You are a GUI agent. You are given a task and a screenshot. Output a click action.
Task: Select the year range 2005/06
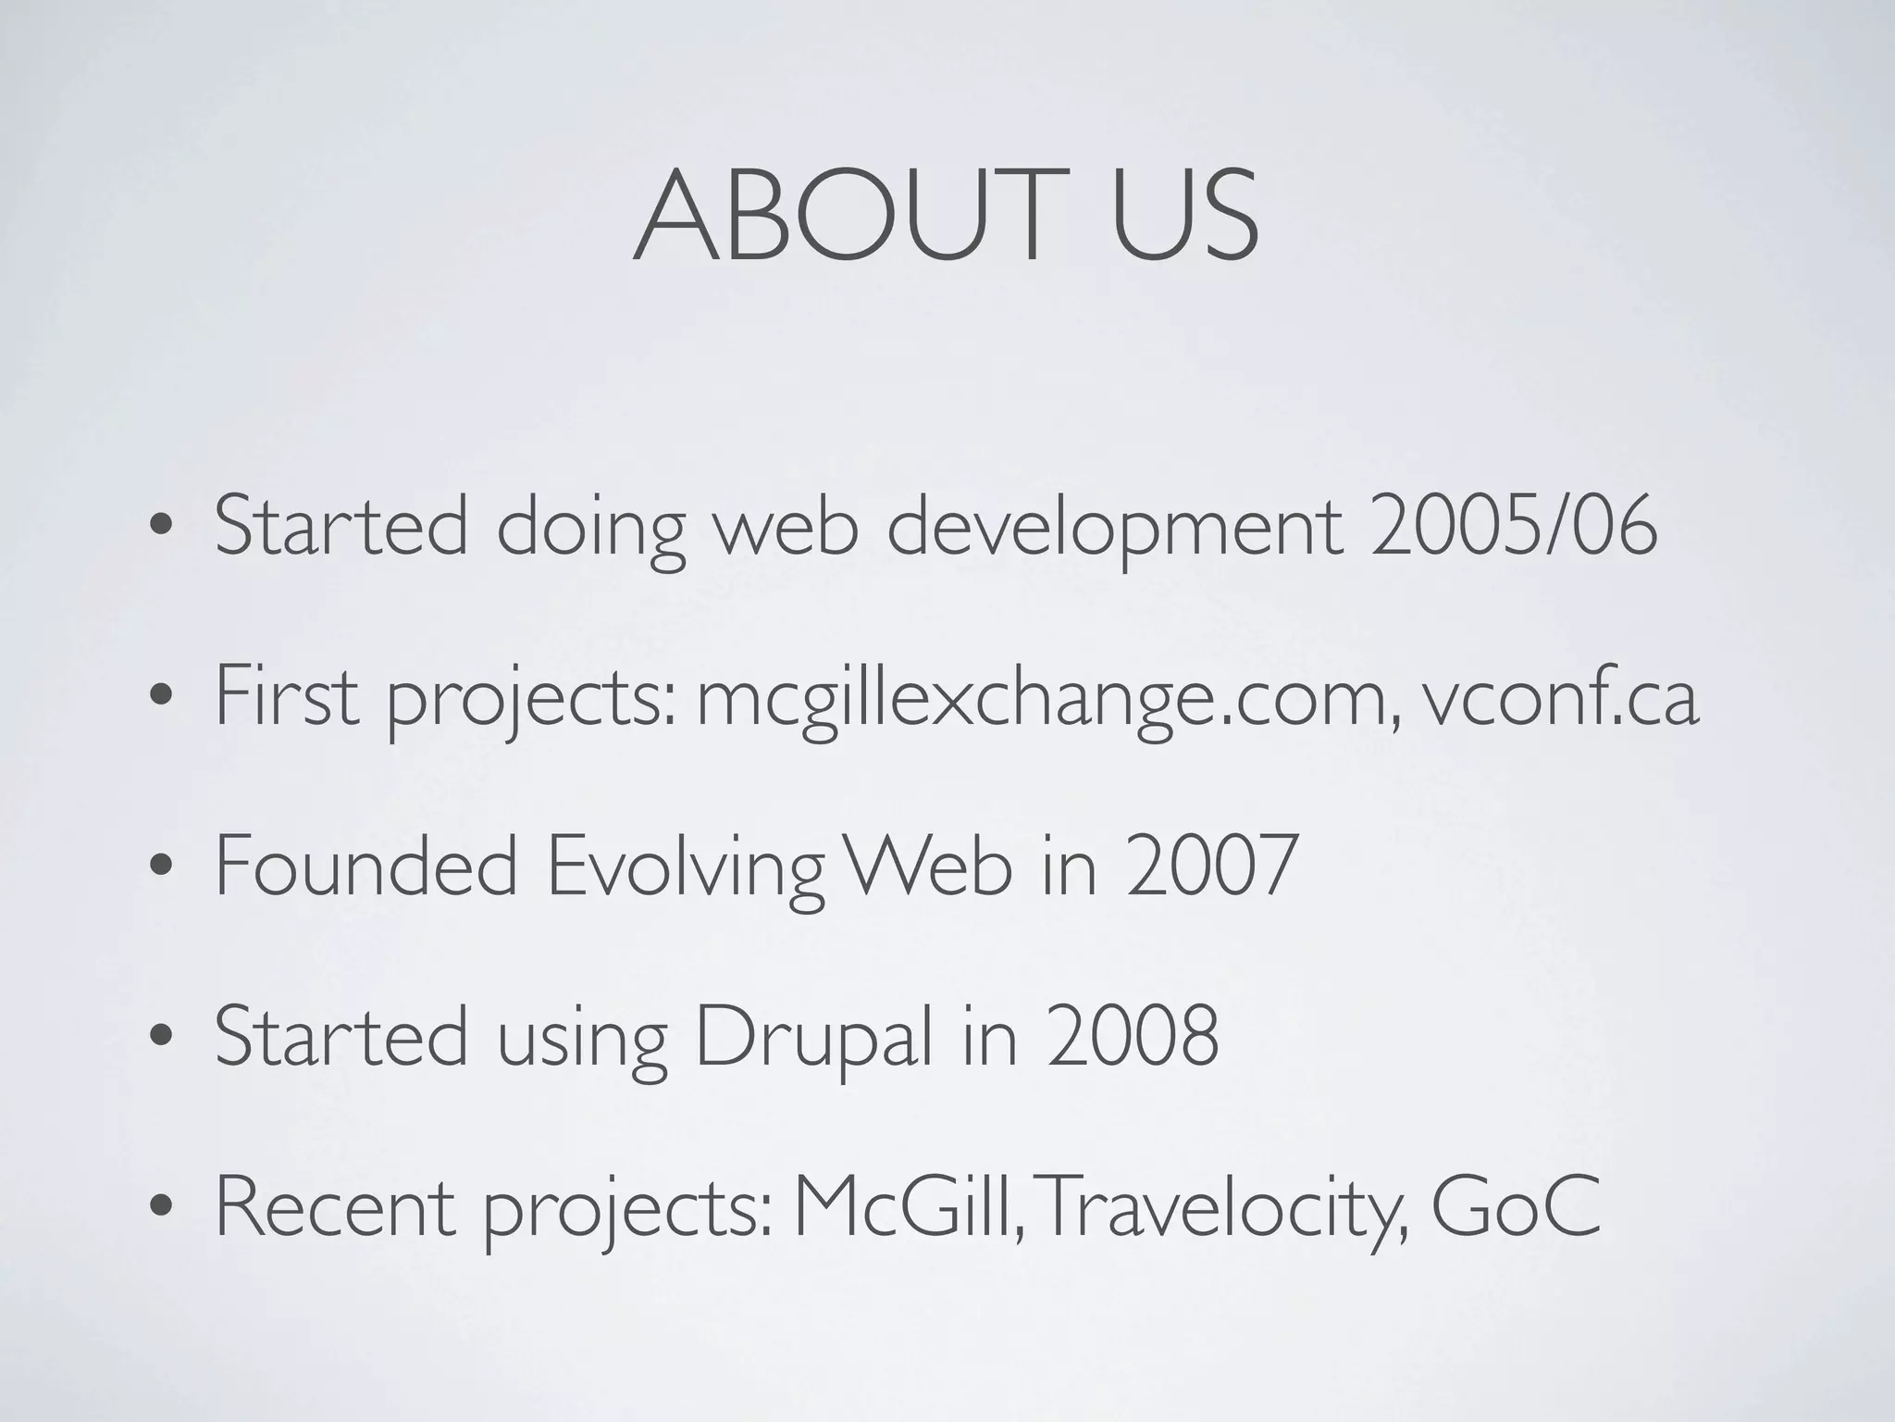point(1514,526)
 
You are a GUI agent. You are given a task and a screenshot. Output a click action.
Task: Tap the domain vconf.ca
point(1561,698)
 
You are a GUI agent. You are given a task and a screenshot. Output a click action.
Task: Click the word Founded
point(365,867)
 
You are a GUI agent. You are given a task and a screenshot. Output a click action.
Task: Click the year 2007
point(1212,867)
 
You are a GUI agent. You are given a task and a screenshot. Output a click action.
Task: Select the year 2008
point(1133,1038)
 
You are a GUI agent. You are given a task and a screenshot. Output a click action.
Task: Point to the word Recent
point(335,1208)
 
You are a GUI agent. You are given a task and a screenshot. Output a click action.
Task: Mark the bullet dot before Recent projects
point(162,1214)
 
